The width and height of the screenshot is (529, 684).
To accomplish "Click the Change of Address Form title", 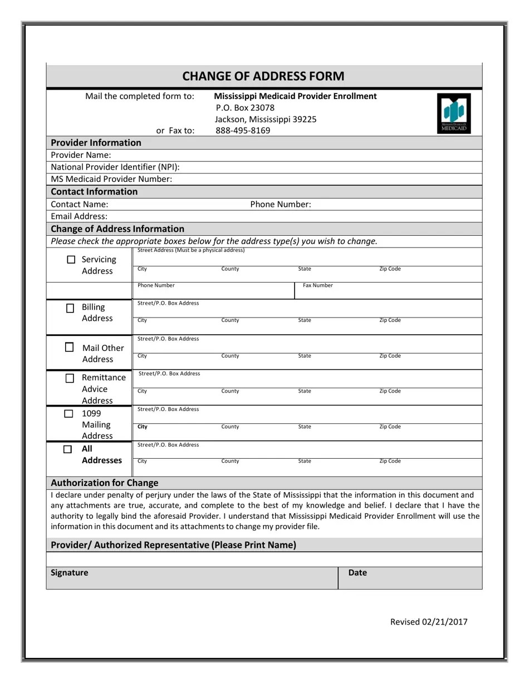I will coord(263,76).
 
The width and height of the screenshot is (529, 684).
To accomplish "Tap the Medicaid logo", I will coord(454,113).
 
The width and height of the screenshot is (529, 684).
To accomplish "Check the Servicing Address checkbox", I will coord(71,260).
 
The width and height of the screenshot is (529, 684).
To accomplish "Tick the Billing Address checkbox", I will coord(70,308).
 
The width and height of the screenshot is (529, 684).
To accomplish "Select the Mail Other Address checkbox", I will coord(69,348).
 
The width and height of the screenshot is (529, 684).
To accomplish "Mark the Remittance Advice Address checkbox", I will coord(70,378).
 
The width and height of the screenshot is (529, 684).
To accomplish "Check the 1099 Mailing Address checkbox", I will coord(68,414).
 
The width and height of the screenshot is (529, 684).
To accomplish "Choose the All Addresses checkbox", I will coord(67,449).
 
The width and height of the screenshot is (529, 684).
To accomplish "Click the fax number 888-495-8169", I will coord(243,131).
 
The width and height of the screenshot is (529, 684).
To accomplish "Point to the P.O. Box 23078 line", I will coord(245,107).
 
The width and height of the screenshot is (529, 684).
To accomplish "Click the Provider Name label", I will coord(81,155).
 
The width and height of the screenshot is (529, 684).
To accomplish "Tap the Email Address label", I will coord(79,216).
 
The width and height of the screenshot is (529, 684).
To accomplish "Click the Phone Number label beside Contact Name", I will coord(281,204).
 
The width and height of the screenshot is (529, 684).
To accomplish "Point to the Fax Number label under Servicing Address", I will coord(317,285).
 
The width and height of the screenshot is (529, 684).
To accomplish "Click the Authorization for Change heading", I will coord(105,483).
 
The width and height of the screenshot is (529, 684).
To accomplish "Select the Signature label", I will coord(70,572).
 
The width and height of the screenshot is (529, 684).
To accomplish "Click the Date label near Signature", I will coord(357,572).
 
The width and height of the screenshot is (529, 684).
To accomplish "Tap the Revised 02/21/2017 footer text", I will coord(429,622).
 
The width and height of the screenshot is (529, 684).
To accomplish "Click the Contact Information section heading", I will coord(94,192).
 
